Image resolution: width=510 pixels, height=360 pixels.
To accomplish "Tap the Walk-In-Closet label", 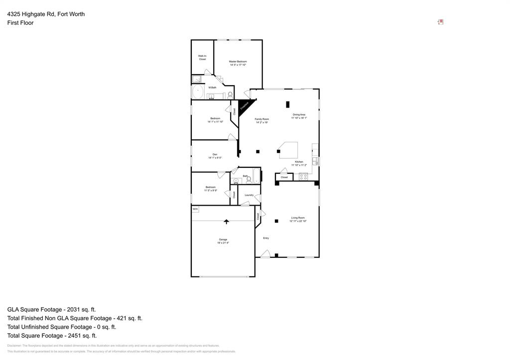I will (202, 57).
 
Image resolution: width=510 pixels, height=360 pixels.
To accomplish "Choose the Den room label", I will (215, 156).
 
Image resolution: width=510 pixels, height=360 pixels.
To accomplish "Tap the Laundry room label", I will (249, 195).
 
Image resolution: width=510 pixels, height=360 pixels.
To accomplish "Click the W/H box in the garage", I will (195, 209).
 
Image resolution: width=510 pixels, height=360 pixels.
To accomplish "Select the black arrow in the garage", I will (227, 221).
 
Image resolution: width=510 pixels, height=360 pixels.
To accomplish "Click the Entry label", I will (266, 238).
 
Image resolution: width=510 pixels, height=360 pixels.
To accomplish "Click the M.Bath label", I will (212, 88).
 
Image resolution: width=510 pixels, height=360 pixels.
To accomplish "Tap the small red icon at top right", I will (441, 22).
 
